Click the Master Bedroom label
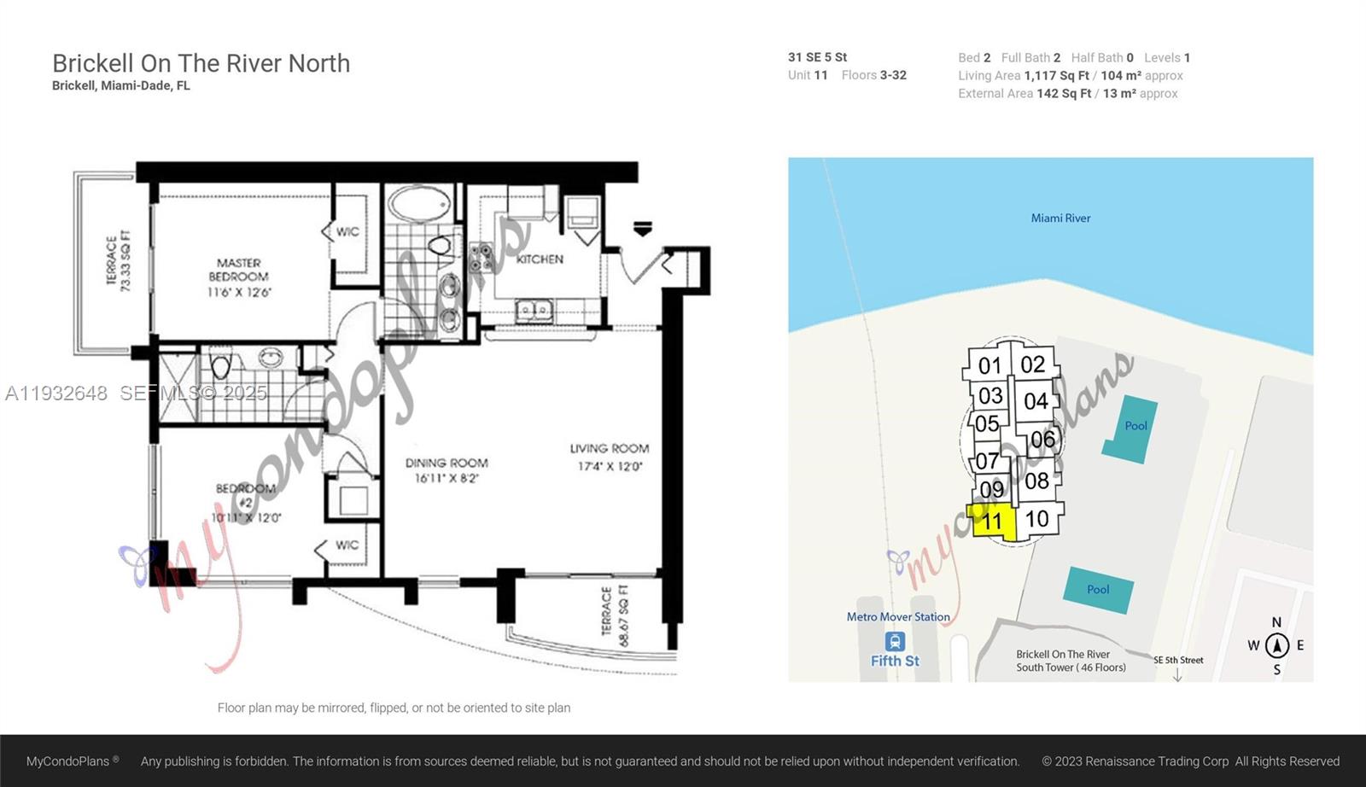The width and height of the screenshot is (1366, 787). tap(239, 277)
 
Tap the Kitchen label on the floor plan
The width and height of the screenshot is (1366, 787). tap(540, 259)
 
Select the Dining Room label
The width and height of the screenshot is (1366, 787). tap(447, 469)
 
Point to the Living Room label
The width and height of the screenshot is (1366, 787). tap(609, 457)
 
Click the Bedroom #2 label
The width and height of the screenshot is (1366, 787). tap(246, 502)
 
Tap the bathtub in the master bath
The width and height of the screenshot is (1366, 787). tap(419, 205)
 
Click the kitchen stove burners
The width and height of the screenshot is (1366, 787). tap(481, 257)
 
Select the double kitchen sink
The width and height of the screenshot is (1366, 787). tap(534, 309)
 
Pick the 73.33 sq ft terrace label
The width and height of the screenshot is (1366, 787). tap(119, 261)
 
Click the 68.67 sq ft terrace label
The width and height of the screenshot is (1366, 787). tap(615, 615)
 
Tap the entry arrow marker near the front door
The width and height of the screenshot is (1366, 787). tap(643, 228)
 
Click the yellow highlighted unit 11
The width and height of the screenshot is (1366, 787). tap(993, 521)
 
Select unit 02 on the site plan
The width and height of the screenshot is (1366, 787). tap(1032, 364)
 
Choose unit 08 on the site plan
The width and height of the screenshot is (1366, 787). tap(1036, 481)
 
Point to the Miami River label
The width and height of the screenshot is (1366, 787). tap(1060, 219)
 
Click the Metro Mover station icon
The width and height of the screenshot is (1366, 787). tap(895, 641)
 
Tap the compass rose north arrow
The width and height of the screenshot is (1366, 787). tap(1276, 645)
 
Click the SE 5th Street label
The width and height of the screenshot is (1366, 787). tap(1178, 660)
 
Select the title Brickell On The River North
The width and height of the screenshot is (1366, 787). tap(201, 63)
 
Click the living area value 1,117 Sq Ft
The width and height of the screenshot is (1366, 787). tap(1056, 76)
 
